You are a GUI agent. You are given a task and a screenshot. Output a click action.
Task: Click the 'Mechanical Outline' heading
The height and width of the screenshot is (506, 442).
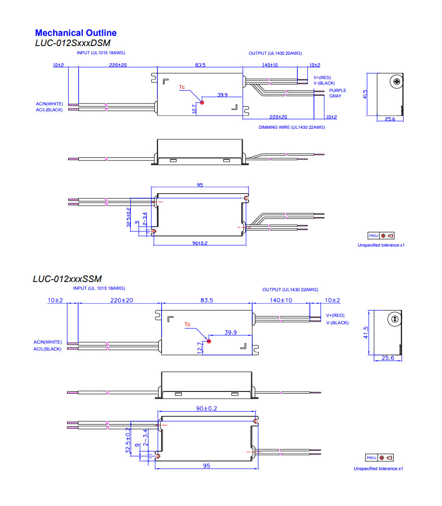(x=76, y=33)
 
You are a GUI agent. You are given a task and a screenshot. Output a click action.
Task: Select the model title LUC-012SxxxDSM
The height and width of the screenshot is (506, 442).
(x=73, y=43)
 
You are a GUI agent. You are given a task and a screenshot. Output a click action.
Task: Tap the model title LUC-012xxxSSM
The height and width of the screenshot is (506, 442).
(x=67, y=279)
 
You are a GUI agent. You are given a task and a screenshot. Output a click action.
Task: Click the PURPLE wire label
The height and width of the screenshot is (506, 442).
(x=337, y=91)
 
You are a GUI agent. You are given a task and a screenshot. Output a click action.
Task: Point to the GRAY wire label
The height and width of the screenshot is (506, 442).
(x=335, y=96)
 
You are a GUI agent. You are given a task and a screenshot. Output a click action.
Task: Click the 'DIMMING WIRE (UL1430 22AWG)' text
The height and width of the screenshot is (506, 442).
(x=291, y=127)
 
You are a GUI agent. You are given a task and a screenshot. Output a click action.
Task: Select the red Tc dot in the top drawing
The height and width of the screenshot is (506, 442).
(x=202, y=103)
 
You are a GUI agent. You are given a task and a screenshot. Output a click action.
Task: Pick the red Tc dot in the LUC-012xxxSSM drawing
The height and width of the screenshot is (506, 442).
(x=209, y=341)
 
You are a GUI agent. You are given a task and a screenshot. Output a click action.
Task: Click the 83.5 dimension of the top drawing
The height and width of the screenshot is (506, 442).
(x=200, y=65)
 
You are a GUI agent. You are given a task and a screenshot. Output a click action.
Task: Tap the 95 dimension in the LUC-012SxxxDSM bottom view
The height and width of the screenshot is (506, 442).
(x=200, y=185)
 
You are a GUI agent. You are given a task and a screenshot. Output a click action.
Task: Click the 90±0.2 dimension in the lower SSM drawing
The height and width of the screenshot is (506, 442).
(x=206, y=408)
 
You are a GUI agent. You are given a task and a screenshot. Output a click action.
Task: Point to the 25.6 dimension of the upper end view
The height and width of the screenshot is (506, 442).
(x=390, y=119)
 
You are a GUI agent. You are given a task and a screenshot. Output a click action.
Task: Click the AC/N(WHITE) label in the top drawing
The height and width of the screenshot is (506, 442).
(x=49, y=104)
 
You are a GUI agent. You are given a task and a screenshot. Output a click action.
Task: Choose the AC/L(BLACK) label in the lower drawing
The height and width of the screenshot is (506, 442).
(x=47, y=349)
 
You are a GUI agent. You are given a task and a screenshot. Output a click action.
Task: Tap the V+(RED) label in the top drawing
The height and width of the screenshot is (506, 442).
(x=322, y=78)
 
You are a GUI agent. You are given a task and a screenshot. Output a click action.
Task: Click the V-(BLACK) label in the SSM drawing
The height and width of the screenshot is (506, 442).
(x=337, y=322)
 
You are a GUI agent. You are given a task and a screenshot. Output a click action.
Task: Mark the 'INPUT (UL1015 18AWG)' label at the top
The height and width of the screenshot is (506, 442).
(x=101, y=53)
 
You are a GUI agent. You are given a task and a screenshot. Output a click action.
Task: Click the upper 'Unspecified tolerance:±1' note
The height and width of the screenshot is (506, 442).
(x=381, y=245)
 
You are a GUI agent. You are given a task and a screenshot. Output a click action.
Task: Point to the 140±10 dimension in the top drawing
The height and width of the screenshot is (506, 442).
(x=270, y=65)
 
